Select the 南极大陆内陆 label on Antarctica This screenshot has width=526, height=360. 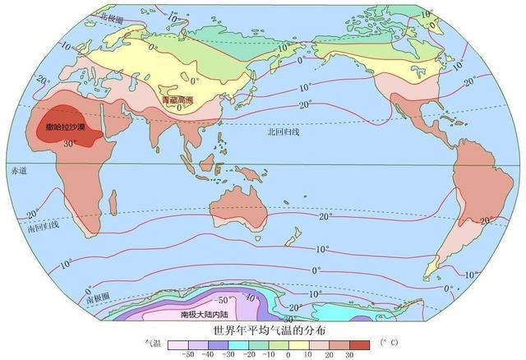[204, 314]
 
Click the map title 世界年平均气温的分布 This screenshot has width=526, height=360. [262, 330]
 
